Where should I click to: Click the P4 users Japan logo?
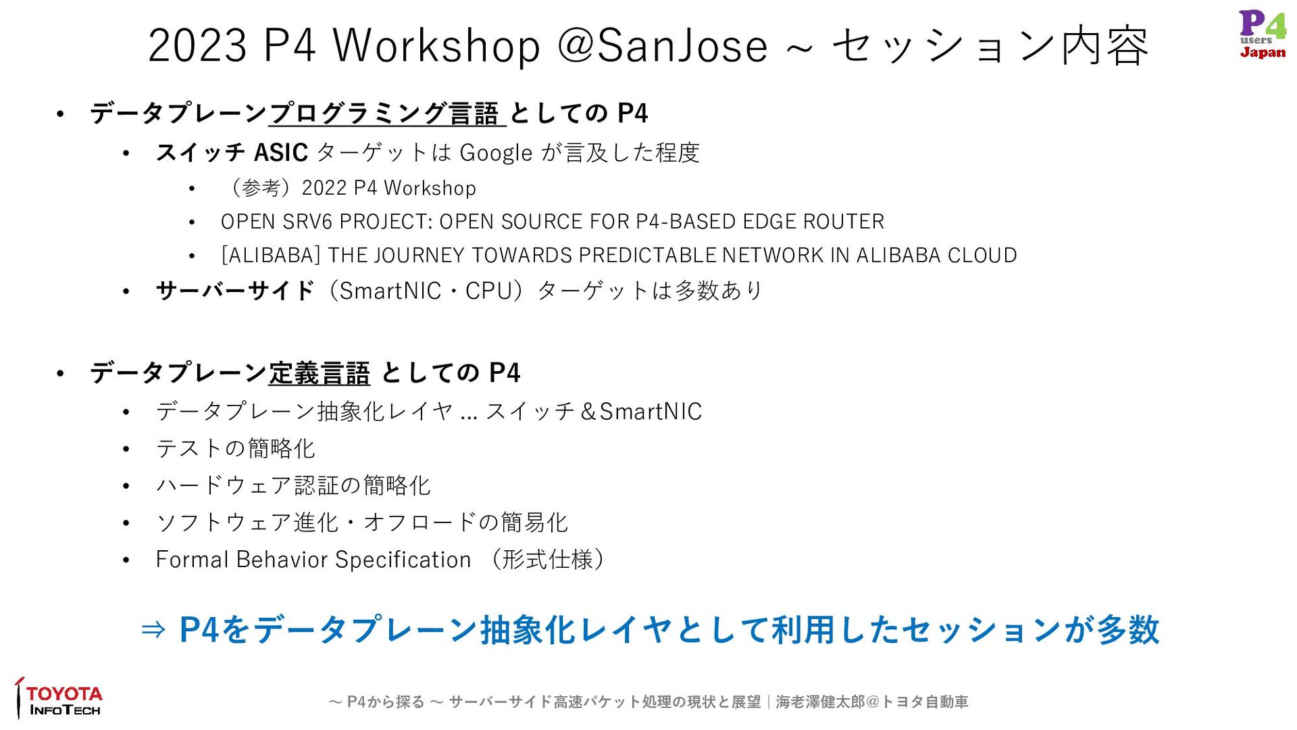coord(1263,34)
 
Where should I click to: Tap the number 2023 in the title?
coord(197,46)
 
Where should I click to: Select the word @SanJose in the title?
coord(663,46)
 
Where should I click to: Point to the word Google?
coord(496,153)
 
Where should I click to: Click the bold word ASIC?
coord(280,153)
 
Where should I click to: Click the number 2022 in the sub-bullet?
coord(324,188)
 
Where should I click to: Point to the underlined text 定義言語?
coord(319,373)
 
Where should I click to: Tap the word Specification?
coord(403,560)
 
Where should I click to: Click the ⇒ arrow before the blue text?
coord(153,630)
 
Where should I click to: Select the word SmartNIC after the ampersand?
coord(651,412)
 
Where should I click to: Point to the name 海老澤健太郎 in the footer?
coord(820,702)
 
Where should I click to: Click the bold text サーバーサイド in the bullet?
coord(235,291)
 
